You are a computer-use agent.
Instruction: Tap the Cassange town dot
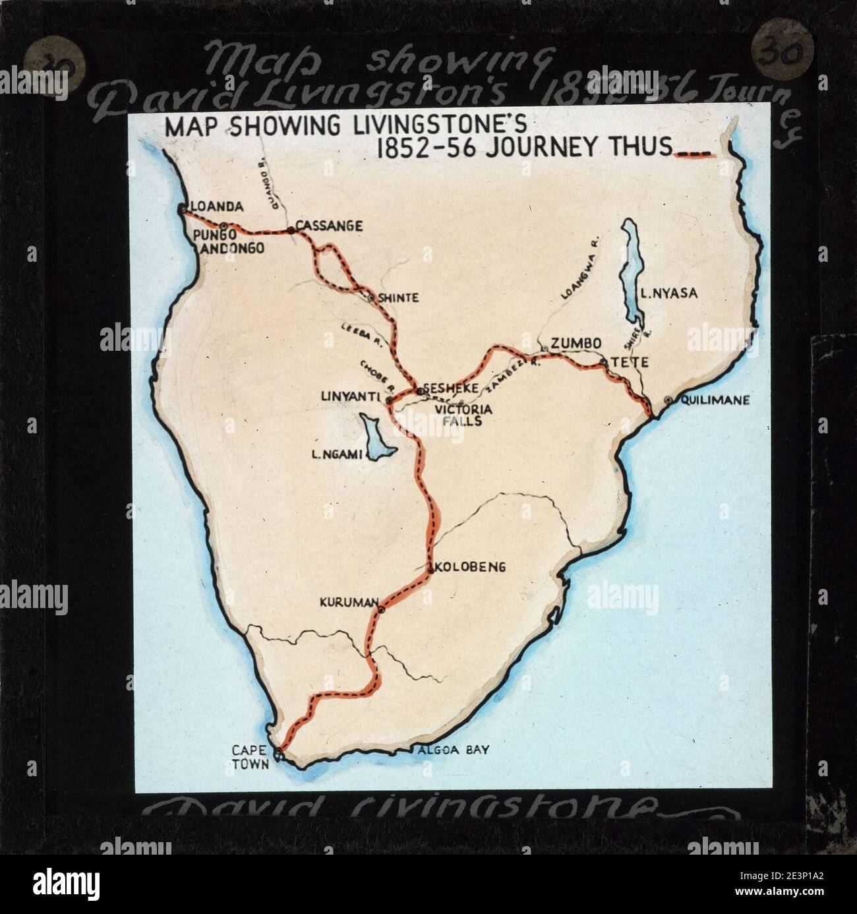(x=290, y=230)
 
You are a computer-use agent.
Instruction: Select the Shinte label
(x=398, y=298)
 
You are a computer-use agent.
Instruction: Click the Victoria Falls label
(x=459, y=415)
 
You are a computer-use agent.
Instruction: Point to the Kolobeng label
(x=470, y=566)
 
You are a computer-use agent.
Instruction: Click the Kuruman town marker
(x=381, y=610)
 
